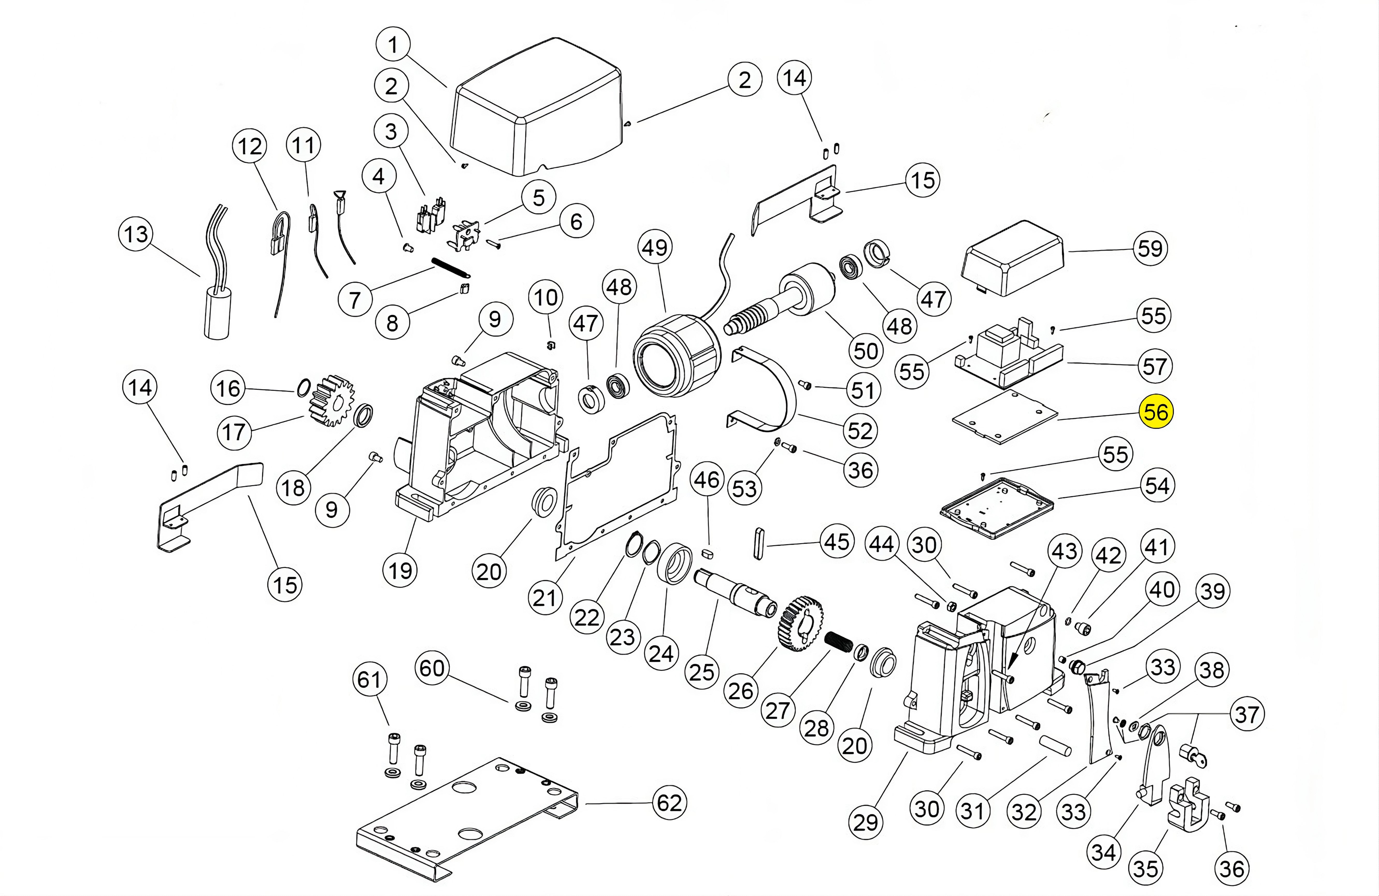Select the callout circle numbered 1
point(393,44)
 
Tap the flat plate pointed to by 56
point(1005,417)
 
